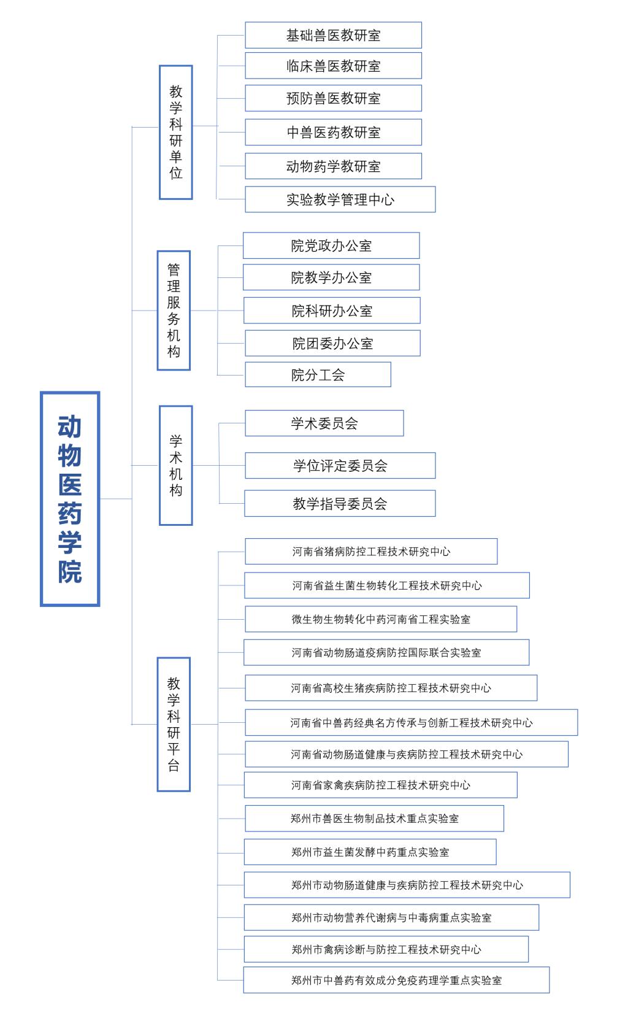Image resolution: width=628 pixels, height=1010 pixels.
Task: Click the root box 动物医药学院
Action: pyautogui.click(x=70, y=499)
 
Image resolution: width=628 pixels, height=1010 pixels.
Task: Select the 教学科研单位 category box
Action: pyautogui.click(x=176, y=132)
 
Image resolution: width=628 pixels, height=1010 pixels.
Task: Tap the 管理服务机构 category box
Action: pyautogui.click(x=174, y=310)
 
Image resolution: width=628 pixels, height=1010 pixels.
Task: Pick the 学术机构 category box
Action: pyautogui.click(x=176, y=465)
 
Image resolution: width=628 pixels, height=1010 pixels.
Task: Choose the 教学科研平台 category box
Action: pyautogui.click(x=174, y=724)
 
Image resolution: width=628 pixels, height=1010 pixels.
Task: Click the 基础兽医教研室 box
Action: pyautogui.click(x=333, y=35)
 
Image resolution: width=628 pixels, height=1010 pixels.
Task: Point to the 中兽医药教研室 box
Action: pyautogui.click(x=333, y=132)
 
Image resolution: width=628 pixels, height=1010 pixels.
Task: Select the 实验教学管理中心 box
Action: pyautogui.click(x=340, y=199)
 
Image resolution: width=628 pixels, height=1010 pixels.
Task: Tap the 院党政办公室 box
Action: pyautogui.click(x=331, y=245)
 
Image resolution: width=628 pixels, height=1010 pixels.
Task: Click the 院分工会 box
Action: pyautogui.click(x=318, y=374)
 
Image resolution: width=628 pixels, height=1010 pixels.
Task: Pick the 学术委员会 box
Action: pyautogui.click(x=324, y=423)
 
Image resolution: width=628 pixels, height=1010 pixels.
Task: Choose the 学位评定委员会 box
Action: pyautogui.click(x=340, y=466)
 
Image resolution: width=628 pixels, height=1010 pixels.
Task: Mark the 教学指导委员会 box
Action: pyautogui.click(x=340, y=503)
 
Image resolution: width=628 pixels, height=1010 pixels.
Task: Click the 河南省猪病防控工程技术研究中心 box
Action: pyautogui.click(x=371, y=551)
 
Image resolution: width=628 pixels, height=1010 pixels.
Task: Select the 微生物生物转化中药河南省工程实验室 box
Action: pyautogui.click(x=381, y=619)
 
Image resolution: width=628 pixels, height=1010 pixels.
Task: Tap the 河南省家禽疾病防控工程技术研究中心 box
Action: pyautogui.click(x=380, y=785)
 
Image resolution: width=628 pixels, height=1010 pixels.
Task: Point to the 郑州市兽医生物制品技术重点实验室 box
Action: pyautogui.click(x=374, y=818)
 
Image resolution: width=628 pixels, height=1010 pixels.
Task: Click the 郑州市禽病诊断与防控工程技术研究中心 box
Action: pyautogui.click(x=386, y=949)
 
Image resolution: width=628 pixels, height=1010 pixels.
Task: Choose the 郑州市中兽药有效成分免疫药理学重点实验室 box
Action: pyautogui.click(x=396, y=980)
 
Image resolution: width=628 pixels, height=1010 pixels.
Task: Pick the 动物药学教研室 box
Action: pyautogui.click(x=333, y=166)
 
